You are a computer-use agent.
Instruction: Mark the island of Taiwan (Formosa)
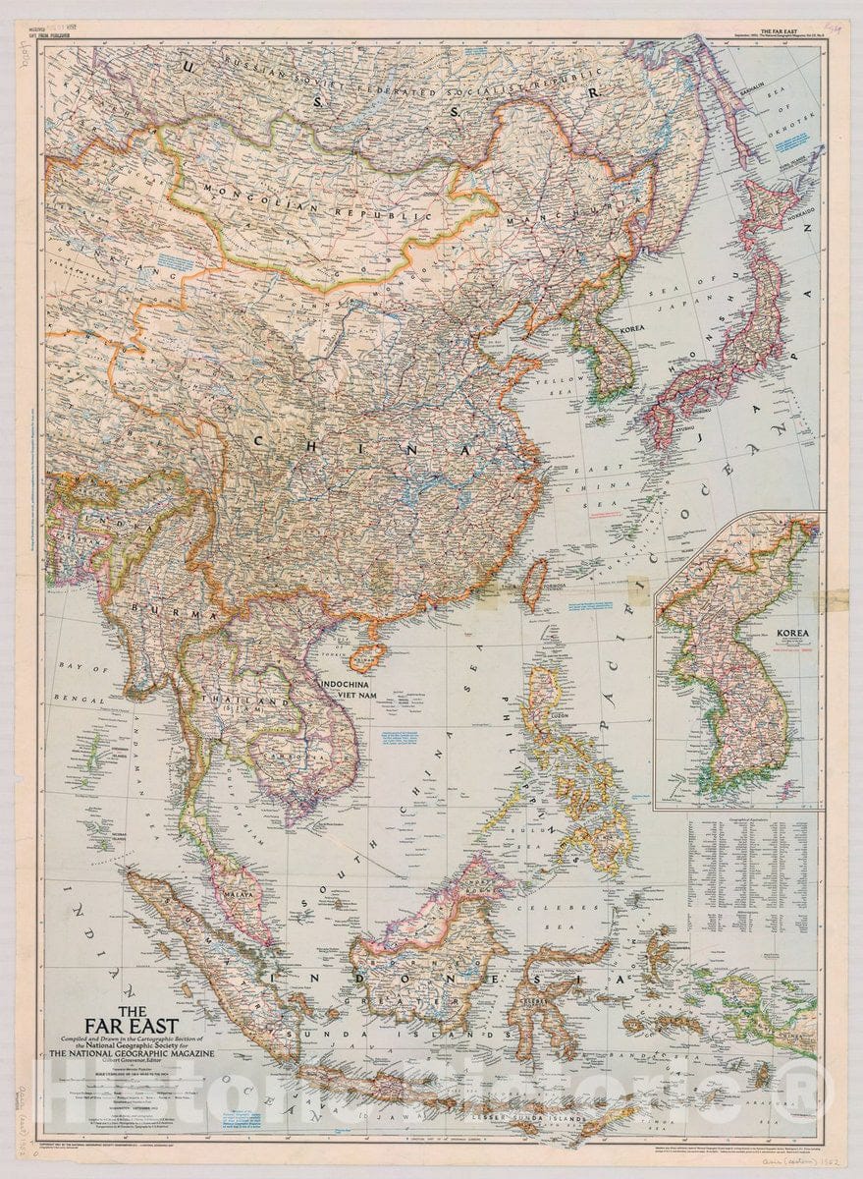pos(534,583)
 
